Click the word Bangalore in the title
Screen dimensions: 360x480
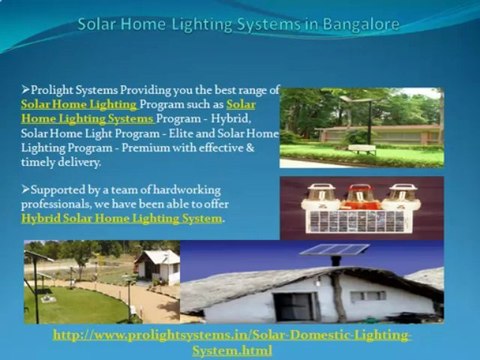point(353,23)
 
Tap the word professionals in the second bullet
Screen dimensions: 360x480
point(59,203)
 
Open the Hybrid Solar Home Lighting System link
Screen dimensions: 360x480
point(122,217)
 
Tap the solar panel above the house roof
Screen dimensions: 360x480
point(334,250)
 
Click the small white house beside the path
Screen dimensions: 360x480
point(157,266)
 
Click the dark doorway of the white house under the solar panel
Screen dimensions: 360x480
point(300,305)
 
